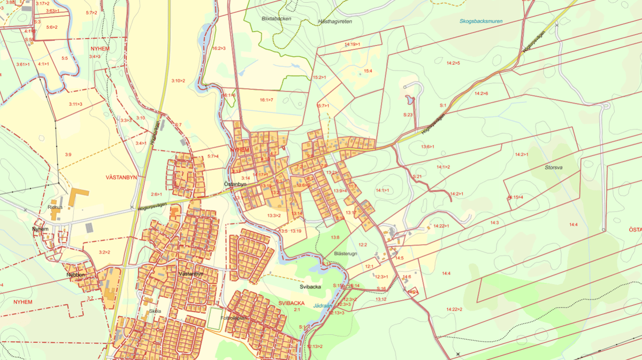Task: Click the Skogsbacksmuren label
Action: pos(481,21)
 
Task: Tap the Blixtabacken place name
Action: pos(276,18)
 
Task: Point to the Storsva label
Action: pos(554,167)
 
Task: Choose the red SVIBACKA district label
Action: pos(291,303)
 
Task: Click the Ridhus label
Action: pos(56,206)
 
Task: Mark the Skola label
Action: pos(155,311)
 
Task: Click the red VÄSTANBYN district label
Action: pos(121,177)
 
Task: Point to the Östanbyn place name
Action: pos(235,184)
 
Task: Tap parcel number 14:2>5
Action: pos(452,63)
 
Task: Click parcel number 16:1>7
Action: pos(266,100)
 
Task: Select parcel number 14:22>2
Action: pos(454,309)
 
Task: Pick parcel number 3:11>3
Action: pos(75,104)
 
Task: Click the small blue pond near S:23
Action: pos(409,100)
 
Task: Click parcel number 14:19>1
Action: pos(352,44)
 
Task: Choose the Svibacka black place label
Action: pos(310,287)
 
